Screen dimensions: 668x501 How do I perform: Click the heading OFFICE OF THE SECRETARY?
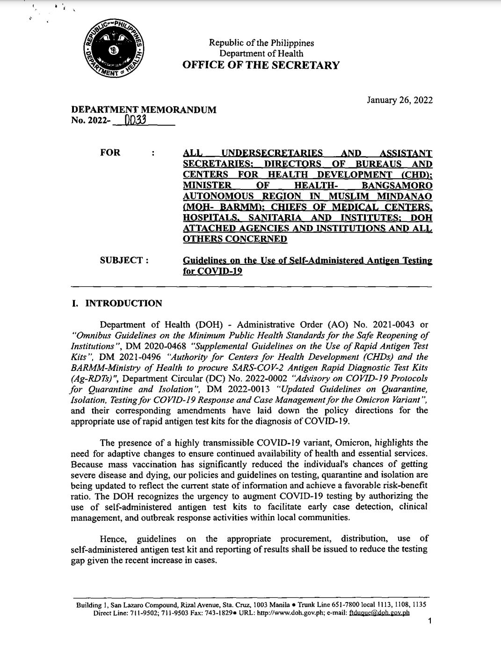261,65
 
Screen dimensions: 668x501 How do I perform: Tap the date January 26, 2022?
400,100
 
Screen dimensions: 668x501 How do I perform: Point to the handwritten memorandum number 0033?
135,121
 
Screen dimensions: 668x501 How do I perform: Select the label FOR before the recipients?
110,152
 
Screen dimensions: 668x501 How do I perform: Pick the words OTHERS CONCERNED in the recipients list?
234,239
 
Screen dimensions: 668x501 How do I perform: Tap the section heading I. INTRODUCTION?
116,303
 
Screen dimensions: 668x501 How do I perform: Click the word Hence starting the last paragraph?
112,538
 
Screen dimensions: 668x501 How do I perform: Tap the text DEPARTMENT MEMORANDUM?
144,110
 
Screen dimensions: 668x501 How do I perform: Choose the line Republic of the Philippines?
261,43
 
